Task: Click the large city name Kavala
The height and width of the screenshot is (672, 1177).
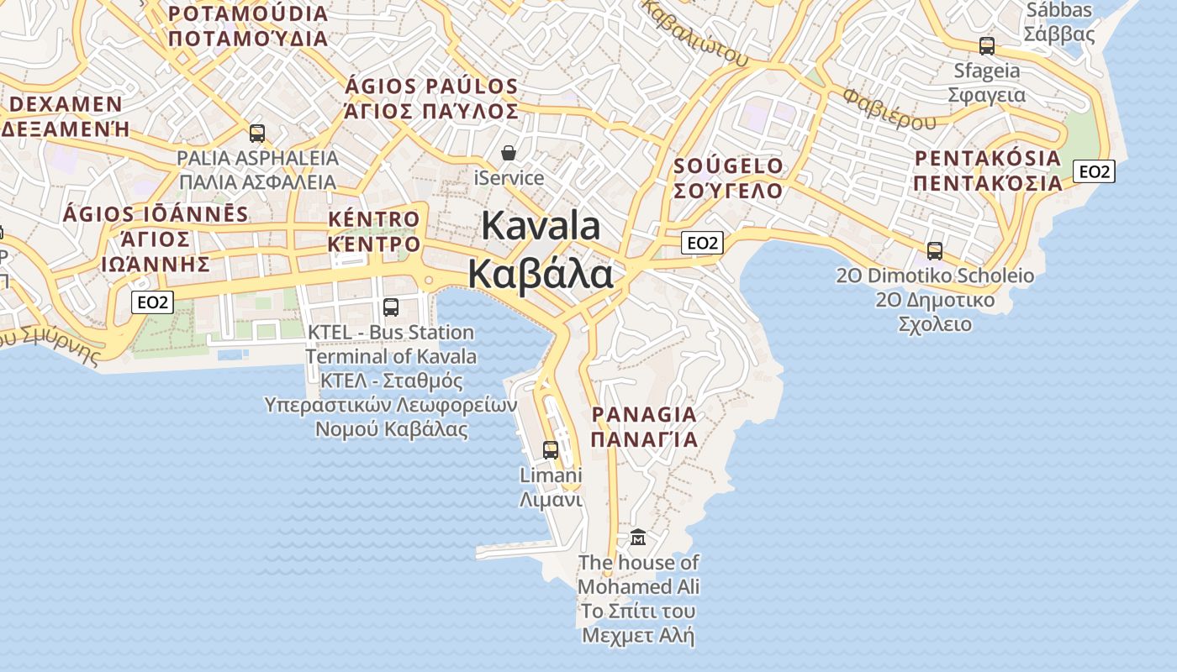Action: (x=541, y=227)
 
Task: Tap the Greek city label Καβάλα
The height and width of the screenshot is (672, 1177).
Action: (x=540, y=274)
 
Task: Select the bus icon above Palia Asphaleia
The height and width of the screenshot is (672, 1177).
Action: (x=257, y=134)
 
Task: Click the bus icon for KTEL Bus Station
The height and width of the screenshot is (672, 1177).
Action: (x=390, y=307)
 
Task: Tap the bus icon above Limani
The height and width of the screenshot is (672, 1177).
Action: (x=551, y=450)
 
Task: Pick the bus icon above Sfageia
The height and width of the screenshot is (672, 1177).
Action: (x=987, y=46)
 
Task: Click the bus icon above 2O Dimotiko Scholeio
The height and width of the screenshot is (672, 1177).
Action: (x=934, y=250)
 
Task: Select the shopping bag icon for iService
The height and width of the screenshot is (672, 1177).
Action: (x=509, y=153)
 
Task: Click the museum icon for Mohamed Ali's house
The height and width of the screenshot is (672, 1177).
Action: (x=638, y=537)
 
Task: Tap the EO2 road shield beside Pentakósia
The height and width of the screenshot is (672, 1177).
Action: (x=1095, y=171)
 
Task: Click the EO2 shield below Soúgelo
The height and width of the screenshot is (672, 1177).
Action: (x=702, y=243)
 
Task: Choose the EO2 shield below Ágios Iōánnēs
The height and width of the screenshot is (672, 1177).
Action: (x=152, y=302)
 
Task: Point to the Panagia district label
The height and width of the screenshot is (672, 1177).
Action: (x=644, y=414)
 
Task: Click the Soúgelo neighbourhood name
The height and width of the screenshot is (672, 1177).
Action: (x=728, y=166)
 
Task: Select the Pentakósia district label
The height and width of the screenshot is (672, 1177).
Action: (x=988, y=158)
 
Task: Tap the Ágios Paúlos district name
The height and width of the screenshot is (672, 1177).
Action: (x=431, y=87)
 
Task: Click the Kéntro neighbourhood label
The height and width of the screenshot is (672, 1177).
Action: (x=373, y=220)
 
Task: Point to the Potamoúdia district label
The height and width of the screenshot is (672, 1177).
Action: (x=248, y=14)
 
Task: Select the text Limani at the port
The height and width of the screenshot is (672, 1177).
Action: (x=551, y=475)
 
